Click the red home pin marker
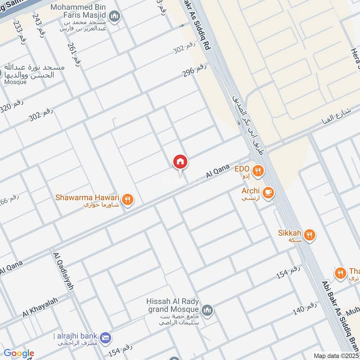click(180, 162)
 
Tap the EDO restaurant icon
click(258, 171)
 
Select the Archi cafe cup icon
click(269, 192)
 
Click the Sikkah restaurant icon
click(309, 234)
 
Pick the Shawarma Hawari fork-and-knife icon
click(128, 199)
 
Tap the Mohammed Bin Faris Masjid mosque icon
click(115, 18)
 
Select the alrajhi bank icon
click(106, 337)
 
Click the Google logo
click(19, 353)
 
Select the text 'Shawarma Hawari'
click(87, 197)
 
